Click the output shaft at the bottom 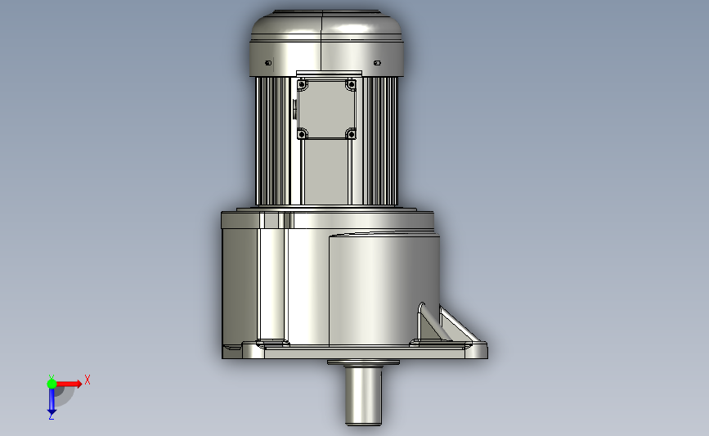(363, 396)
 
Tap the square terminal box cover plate (326, 109)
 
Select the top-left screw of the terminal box (302, 84)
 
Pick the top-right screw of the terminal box (351, 84)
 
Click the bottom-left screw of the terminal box (302, 134)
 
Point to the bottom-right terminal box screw (351, 134)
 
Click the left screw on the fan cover (268, 63)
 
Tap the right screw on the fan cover (377, 63)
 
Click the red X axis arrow (68, 384)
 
